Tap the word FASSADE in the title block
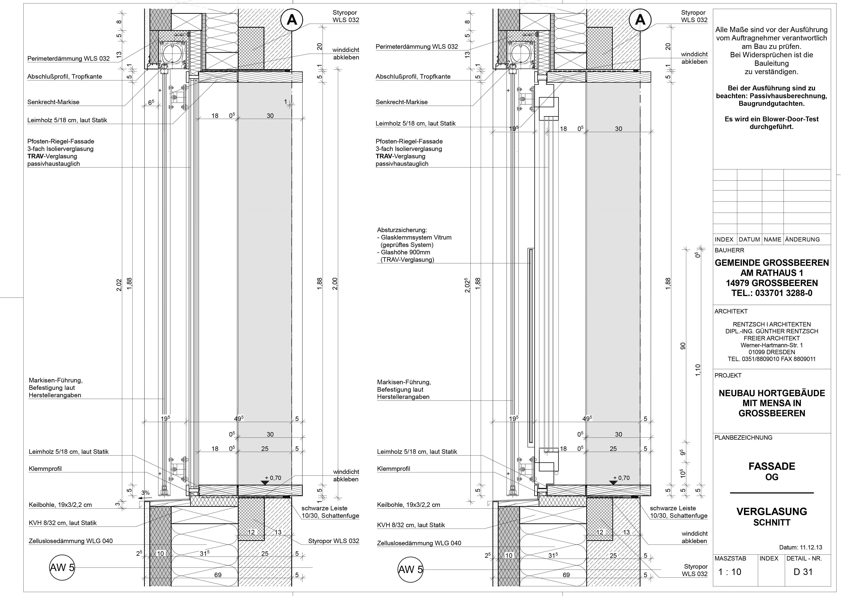tap(772, 466)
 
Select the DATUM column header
tap(749, 239)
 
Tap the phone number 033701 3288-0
tap(785, 293)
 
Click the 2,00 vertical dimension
tap(335, 284)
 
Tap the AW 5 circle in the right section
tap(410, 570)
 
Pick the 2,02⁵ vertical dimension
tap(467, 285)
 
